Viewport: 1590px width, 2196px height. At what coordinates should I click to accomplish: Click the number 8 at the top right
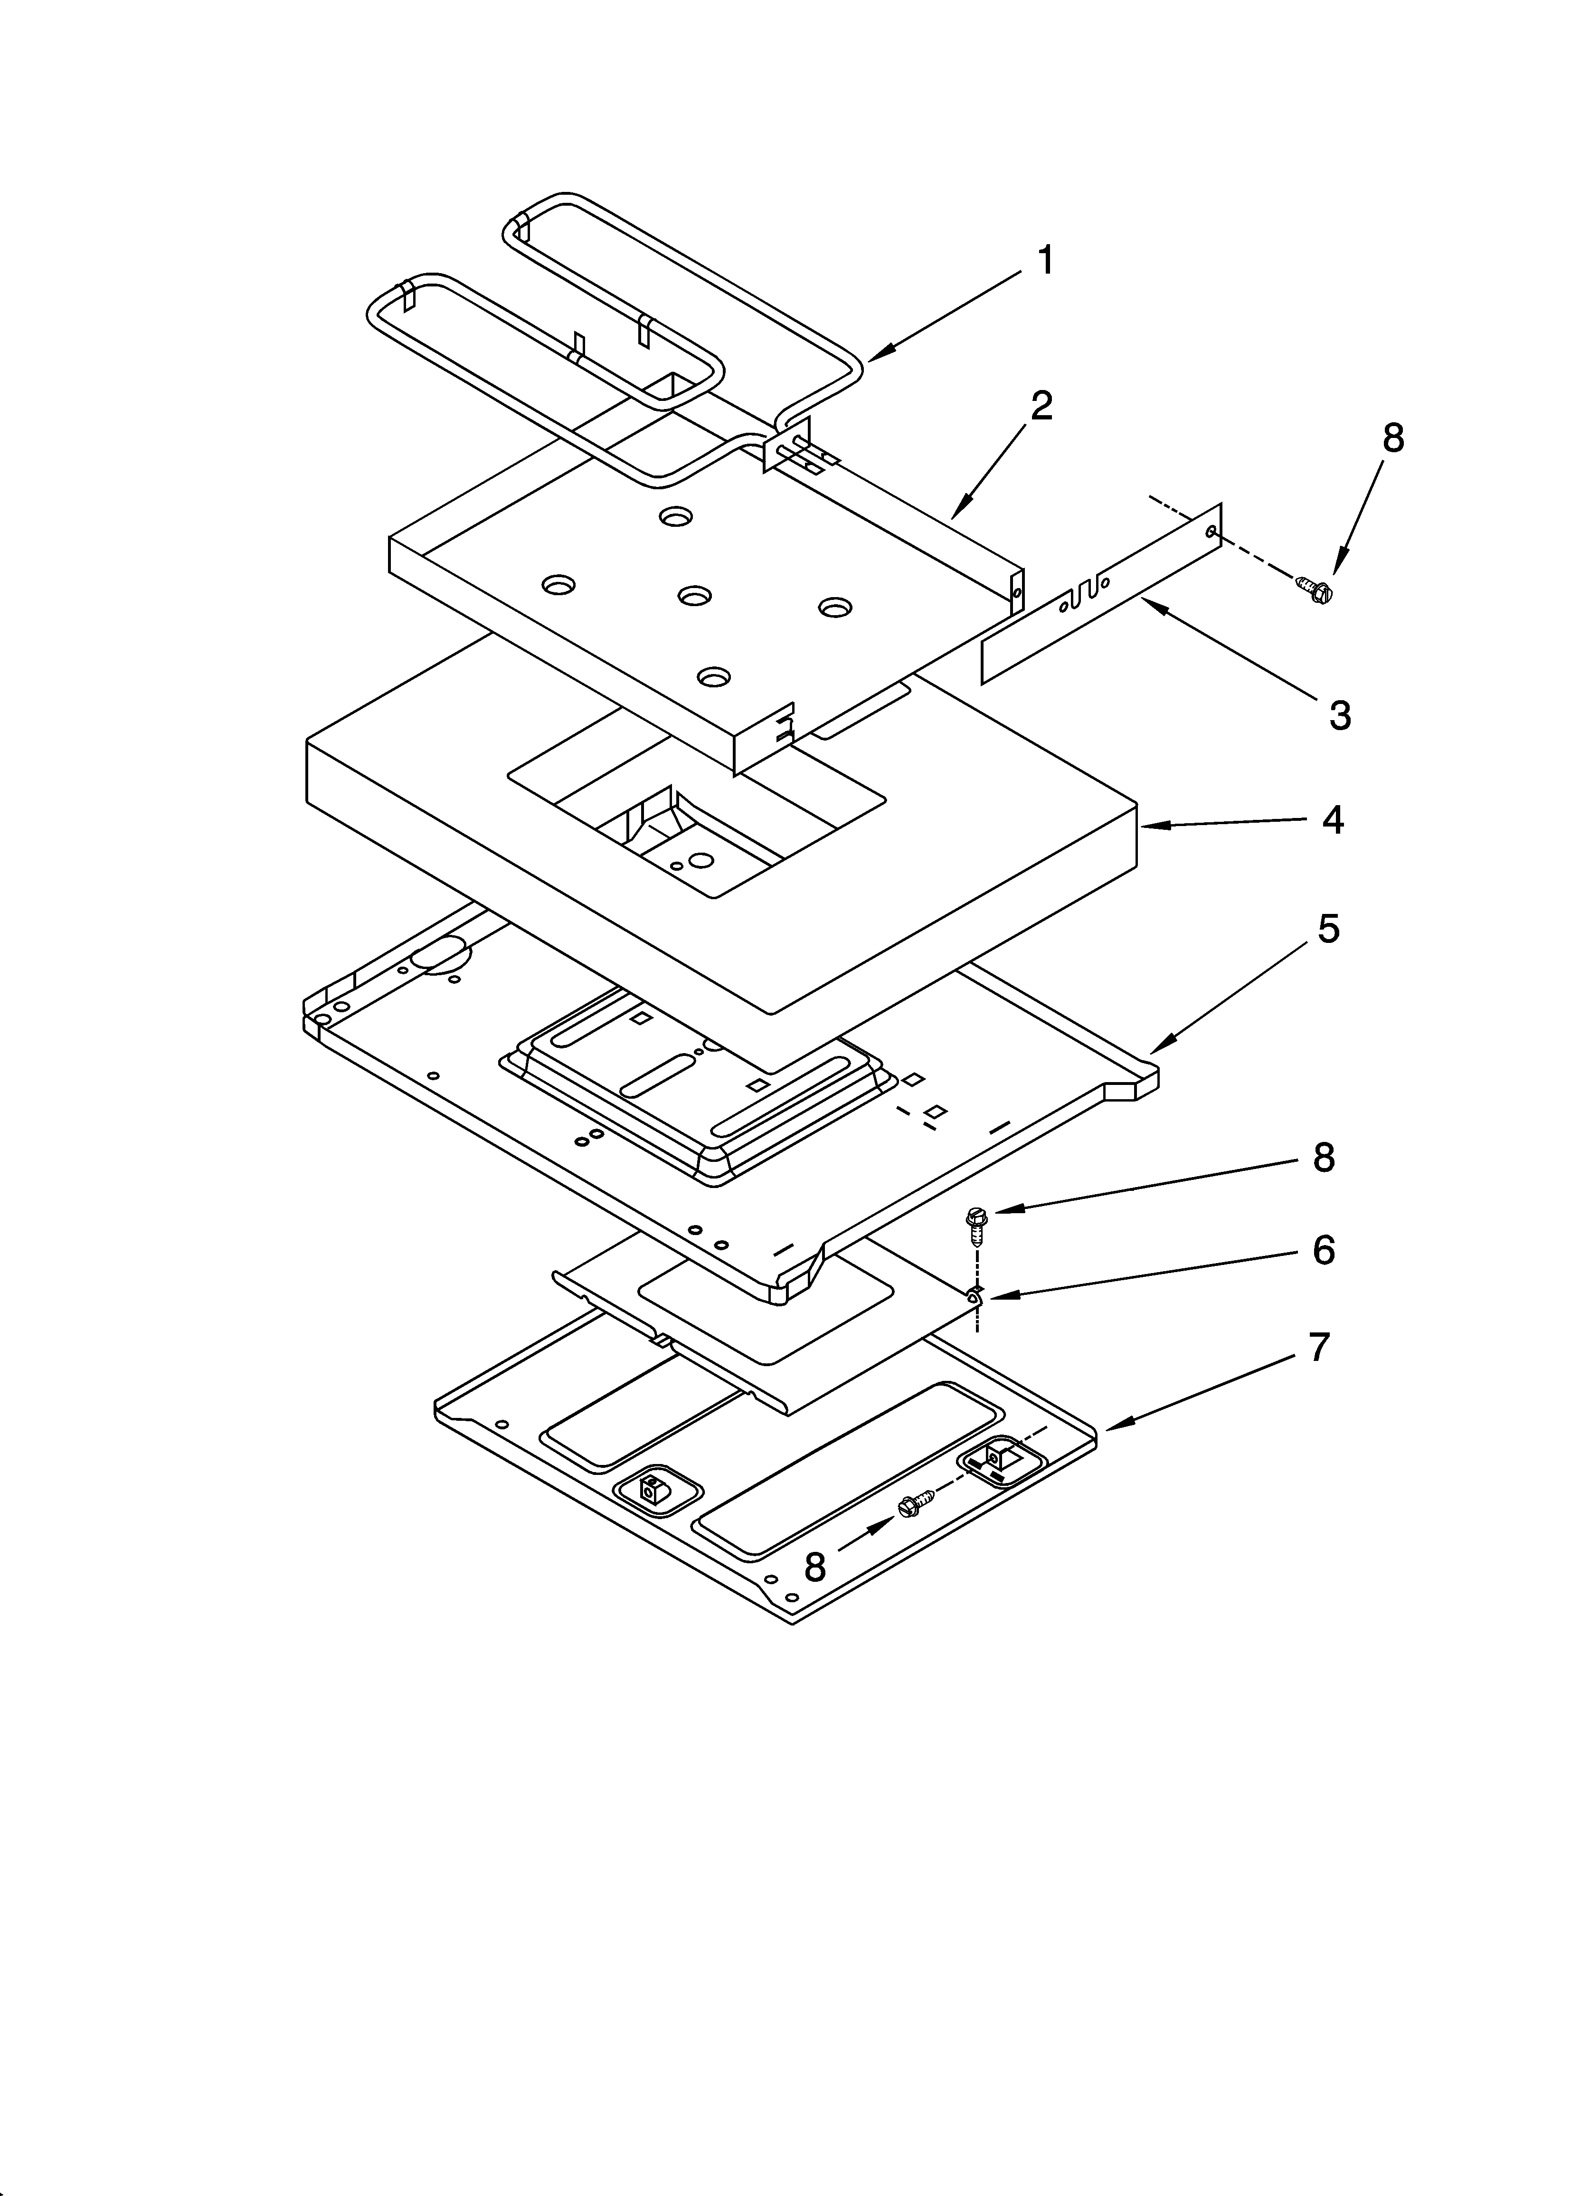(1392, 438)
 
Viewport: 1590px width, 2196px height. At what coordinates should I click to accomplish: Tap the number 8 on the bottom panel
(815, 1567)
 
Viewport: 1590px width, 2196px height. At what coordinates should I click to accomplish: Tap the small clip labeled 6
(973, 1295)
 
